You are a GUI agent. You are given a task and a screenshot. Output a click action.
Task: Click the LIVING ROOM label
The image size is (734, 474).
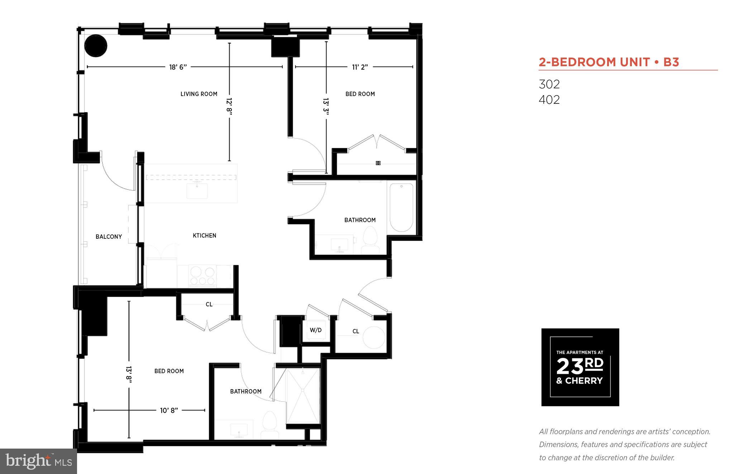tap(199, 94)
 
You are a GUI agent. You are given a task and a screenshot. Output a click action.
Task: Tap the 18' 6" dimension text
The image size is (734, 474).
tap(178, 67)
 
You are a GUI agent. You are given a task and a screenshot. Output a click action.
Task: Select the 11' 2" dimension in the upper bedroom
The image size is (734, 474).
tap(360, 67)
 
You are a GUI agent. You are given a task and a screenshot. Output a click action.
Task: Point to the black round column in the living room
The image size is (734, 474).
tap(96, 46)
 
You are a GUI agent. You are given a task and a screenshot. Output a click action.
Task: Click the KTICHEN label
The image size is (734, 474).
tap(204, 236)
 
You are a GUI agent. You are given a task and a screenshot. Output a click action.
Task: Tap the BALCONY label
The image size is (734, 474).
tap(109, 237)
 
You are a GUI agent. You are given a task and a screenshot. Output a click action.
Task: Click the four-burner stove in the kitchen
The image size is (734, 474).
tap(202, 276)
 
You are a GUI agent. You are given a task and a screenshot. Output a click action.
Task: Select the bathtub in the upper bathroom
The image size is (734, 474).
tap(401, 208)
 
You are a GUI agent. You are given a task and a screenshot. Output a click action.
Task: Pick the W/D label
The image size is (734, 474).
tap(316, 330)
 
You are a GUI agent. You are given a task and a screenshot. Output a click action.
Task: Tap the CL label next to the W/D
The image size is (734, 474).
tap(356, 332)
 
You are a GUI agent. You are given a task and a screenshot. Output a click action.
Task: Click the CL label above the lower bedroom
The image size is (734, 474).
tap(209, 304)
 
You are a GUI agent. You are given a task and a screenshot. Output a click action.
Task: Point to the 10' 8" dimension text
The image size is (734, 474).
tap(169, 411)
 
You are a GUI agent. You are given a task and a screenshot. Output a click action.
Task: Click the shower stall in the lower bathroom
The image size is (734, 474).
tap(303, 396)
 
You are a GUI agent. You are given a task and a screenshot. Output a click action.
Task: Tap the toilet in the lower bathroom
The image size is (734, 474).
tap(270, 425)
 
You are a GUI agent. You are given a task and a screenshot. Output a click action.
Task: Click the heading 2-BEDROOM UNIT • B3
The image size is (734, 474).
tap(609, 62)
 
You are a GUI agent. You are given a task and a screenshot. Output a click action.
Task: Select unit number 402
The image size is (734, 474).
tap(549, 100)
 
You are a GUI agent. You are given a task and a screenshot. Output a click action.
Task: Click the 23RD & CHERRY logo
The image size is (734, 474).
tap(580, 367)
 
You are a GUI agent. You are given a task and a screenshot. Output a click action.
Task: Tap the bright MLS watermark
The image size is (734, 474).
tap(38, 461)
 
